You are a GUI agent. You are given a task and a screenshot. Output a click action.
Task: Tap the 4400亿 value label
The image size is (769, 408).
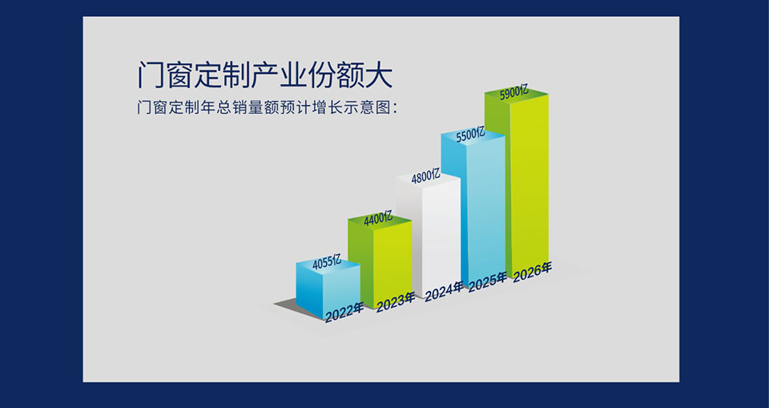point(378,219)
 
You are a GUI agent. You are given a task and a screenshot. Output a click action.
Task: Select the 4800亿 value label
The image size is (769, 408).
point(425,176)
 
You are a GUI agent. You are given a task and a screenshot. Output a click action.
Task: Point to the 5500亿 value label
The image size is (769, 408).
point(470,134)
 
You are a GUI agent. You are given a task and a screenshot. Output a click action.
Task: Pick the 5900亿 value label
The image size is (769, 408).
point(514,93)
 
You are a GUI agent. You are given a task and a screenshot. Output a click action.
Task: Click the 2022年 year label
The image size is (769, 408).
point(344,313)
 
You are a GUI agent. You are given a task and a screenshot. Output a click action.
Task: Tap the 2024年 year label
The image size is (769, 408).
point(444,292)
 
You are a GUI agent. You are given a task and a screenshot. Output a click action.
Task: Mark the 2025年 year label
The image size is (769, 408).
point(488,282)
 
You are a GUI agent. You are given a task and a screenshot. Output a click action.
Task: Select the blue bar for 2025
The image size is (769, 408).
point(473,207)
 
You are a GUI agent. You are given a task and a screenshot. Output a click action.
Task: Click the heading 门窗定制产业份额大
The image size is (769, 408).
point(265,75)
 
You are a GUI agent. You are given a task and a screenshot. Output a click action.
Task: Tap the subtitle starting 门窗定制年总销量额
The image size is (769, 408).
point(268,108)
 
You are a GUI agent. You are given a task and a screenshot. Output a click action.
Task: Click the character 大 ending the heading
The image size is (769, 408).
point(379,75)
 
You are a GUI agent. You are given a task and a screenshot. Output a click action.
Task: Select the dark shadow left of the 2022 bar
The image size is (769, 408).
point(289,305)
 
